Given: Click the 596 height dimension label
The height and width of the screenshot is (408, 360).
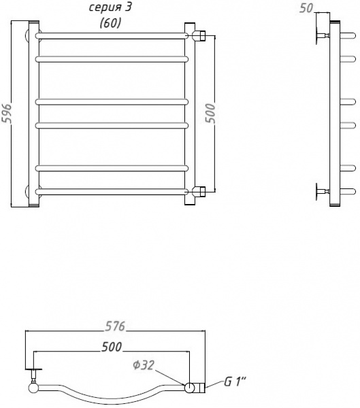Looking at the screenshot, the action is tap(6, 113).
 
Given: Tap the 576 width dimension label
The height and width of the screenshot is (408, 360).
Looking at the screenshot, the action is tap(115, 326).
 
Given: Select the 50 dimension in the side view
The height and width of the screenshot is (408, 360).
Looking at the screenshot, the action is tap(306, 8).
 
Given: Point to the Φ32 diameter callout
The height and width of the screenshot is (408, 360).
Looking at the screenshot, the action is tap(144, 365).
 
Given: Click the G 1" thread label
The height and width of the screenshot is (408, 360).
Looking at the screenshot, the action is tap(235, 382).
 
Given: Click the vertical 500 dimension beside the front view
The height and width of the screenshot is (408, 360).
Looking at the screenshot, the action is tap(210, 113).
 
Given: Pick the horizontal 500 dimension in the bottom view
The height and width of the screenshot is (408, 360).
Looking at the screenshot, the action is tap(112, 347).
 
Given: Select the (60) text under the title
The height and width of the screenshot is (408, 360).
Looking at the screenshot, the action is tap(110, 23).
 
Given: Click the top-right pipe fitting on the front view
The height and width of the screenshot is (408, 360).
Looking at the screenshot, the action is tap(199, 35).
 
